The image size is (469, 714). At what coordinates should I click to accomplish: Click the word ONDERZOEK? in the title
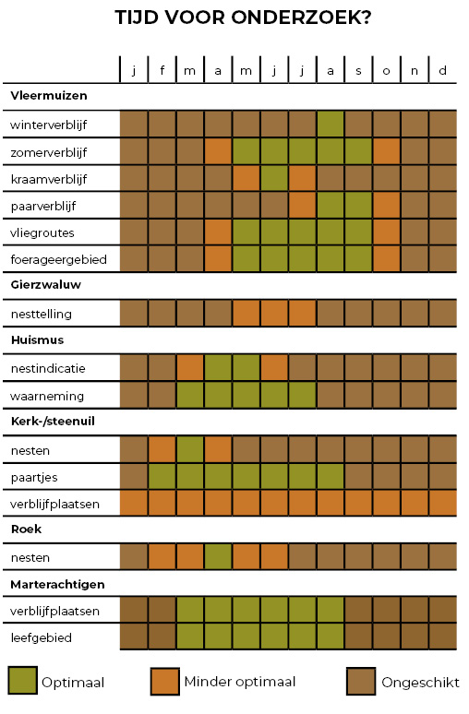pyautogui.click(x=301, y=18)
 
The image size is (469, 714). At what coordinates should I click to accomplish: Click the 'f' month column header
pyautogui.click(x=162, y=71)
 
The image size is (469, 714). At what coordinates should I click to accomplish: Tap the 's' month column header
pyautogui.click(x=359, y=71)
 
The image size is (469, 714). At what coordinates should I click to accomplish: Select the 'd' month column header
pyautogui.click(x=442, y=71)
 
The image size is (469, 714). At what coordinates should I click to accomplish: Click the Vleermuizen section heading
pyautogui.click(x=49, y=96)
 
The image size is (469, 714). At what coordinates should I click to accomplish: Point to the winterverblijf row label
pyautogui.click(x=48, y=125)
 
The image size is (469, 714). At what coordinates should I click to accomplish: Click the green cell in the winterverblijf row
pyautogui.click(x=331, y=124)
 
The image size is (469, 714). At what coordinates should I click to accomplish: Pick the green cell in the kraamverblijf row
pyautogui.click(x=274, y=179)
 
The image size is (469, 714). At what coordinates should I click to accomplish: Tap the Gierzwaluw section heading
pyautogui.click(x=46, y=285)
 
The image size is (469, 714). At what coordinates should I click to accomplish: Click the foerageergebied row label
pyautogui.click(x=59, y=259)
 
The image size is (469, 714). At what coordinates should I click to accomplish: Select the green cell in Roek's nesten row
pyautogui.click(x=218, y=557)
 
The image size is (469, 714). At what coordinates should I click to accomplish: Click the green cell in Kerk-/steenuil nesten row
pyautogui.click(x=190, y=450)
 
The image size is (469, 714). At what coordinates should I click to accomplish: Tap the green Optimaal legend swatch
pyautogui.click(x=22, y=681)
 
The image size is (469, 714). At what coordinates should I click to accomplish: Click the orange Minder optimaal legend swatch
pyautogui.click(x=164, y=681)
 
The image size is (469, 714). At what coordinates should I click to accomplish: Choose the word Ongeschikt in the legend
pyautogui.click(x=421, y=683)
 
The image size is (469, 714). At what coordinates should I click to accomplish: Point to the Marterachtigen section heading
pyautogui.click(x=57, y=585)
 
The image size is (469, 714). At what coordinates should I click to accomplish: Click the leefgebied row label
pyautogui.click(x=42, y=638)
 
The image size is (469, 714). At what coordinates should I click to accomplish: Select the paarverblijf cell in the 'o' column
pyautogui.click(x=387, y=206)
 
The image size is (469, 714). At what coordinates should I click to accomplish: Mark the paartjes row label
pyautogui.click(x=34, y=478)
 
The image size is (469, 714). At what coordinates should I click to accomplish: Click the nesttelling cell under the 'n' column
pyautogui.click(x=415, y=314)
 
